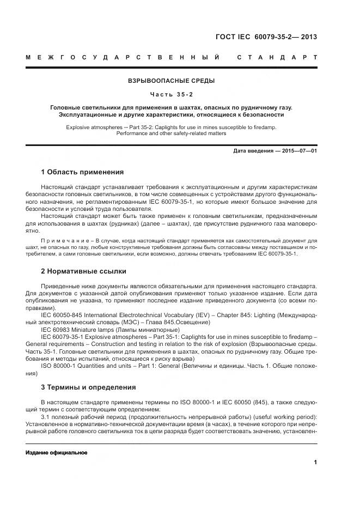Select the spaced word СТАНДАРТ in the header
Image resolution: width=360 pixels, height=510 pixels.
(x=277, y=57)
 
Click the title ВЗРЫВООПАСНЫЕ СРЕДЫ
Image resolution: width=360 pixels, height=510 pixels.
(x=171, y=81)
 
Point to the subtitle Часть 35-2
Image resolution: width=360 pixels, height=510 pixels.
(x=171, y=93)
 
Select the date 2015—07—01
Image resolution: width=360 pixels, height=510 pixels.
(x=299, y=150)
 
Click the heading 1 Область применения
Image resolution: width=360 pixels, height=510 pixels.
(x=82, y=172)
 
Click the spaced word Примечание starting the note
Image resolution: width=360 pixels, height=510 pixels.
(x=58, y=240)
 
